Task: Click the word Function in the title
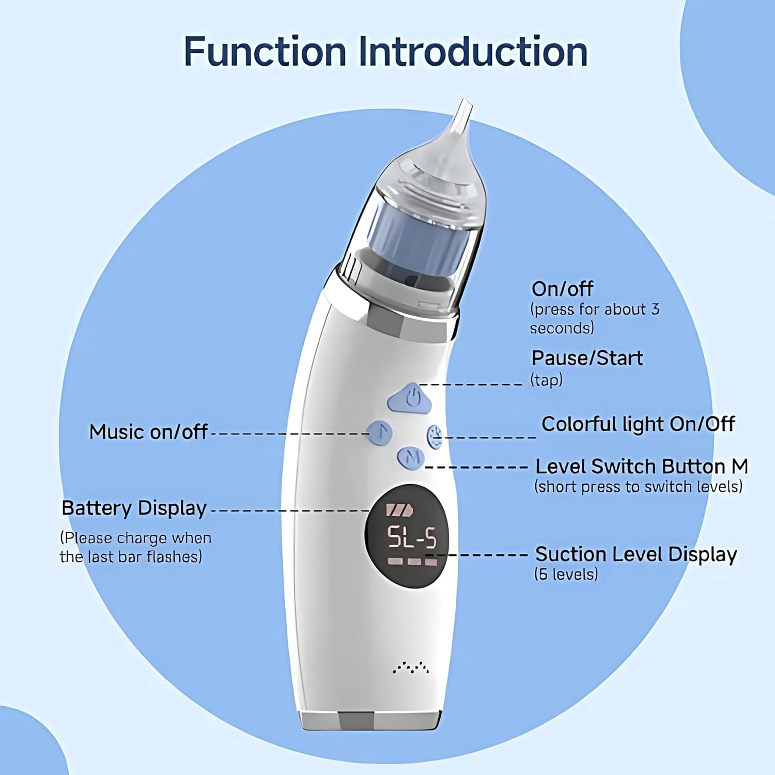265,52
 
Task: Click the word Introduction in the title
473,52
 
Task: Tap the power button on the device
410,398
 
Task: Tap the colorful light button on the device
435,437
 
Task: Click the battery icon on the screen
400,510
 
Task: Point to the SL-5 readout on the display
412,537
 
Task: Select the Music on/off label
148,432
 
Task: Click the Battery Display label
134,508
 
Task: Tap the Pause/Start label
587,358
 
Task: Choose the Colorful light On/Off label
638,424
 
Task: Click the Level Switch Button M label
642,467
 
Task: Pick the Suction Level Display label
636,554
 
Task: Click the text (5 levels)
566,574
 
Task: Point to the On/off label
562,289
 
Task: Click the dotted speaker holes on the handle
411,668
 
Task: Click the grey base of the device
370,720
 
